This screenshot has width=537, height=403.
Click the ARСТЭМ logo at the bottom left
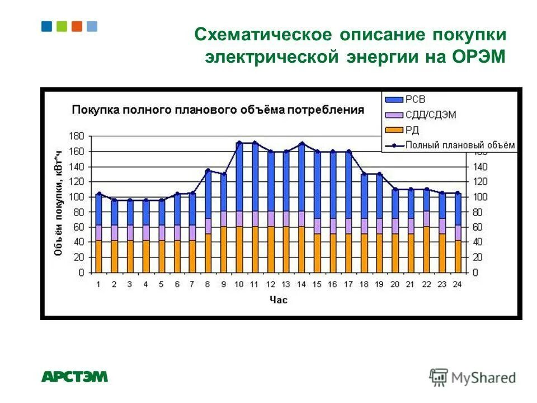click(74, 377)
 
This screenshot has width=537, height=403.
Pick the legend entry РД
click(412, 130)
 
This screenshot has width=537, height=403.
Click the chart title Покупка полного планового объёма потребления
click(218, 110)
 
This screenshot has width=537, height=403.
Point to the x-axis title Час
click(278, 300)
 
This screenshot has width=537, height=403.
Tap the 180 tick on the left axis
click(77, 136)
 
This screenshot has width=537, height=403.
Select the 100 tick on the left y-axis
click(77, 197)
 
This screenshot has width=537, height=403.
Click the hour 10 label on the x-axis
click(238, 284)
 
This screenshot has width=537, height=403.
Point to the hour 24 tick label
click(457, 284)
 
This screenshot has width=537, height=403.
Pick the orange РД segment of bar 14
click(302, 249)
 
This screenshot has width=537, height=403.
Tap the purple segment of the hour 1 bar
click(98, 233)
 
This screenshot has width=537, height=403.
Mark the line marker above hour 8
click(208, 171)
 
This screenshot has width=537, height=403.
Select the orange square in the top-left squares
click(77, 26)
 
